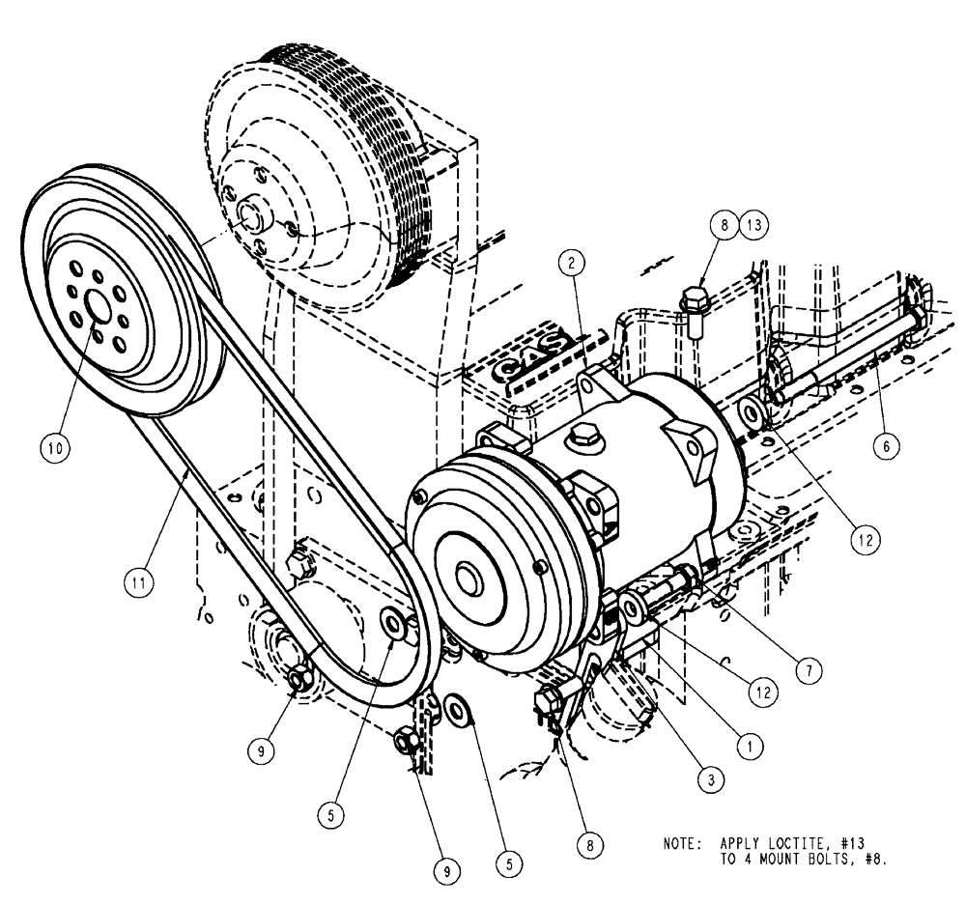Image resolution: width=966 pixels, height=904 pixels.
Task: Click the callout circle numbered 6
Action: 887,445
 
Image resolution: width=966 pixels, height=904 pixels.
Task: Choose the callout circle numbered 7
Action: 809,667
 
